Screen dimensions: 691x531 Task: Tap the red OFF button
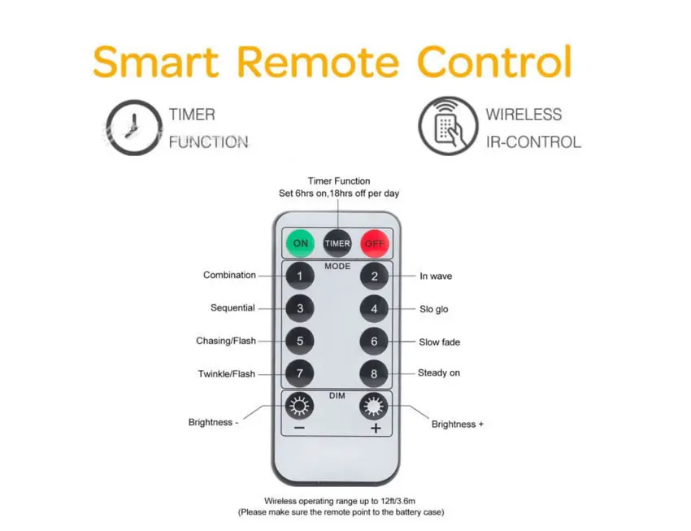(375, 243)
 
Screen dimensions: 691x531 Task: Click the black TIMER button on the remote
(337, 243)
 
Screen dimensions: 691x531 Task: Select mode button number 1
(300, 276)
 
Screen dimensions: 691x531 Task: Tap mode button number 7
(300, 374)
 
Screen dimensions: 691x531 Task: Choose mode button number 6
(374, 341)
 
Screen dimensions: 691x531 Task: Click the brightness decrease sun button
(299, 406)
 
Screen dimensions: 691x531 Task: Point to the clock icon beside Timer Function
(134, 128)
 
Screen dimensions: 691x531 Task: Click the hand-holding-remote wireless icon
(448, 126)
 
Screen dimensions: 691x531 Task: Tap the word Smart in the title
(155, 62)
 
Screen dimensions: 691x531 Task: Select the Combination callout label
(229, 275)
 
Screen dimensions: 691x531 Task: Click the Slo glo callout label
(433, 309)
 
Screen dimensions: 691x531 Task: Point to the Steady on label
(439, 372)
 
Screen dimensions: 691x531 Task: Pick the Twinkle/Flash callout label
(227, 374)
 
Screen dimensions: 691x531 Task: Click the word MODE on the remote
(337, 266)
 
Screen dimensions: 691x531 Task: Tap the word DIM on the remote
(337, 396)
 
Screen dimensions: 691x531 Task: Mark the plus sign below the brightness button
(376, 429)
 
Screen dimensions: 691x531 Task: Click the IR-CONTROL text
(533, 142)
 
